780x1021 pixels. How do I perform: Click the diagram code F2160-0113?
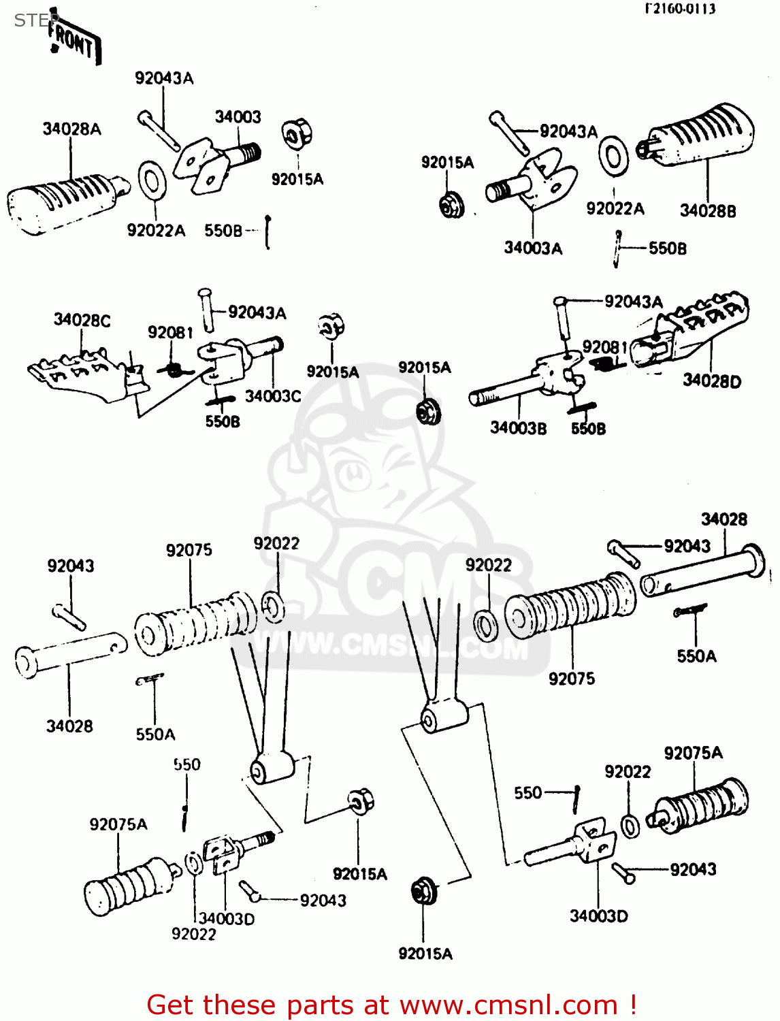[x=680, y=9]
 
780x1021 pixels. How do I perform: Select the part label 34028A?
[x=71, y=129]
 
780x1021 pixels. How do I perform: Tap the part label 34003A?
[x=533, y=248]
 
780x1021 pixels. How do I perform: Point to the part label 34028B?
[x=708, y=211]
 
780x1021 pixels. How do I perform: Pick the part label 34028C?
[x=82, y=320]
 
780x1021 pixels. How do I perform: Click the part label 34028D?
[x=712, y=381]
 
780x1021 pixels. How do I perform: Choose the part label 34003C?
[x=273, y=396]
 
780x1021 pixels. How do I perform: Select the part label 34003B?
[x=518, y=428]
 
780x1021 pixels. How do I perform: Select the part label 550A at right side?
[x=696, y=656]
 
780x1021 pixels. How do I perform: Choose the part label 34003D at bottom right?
[x=598, y=916]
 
